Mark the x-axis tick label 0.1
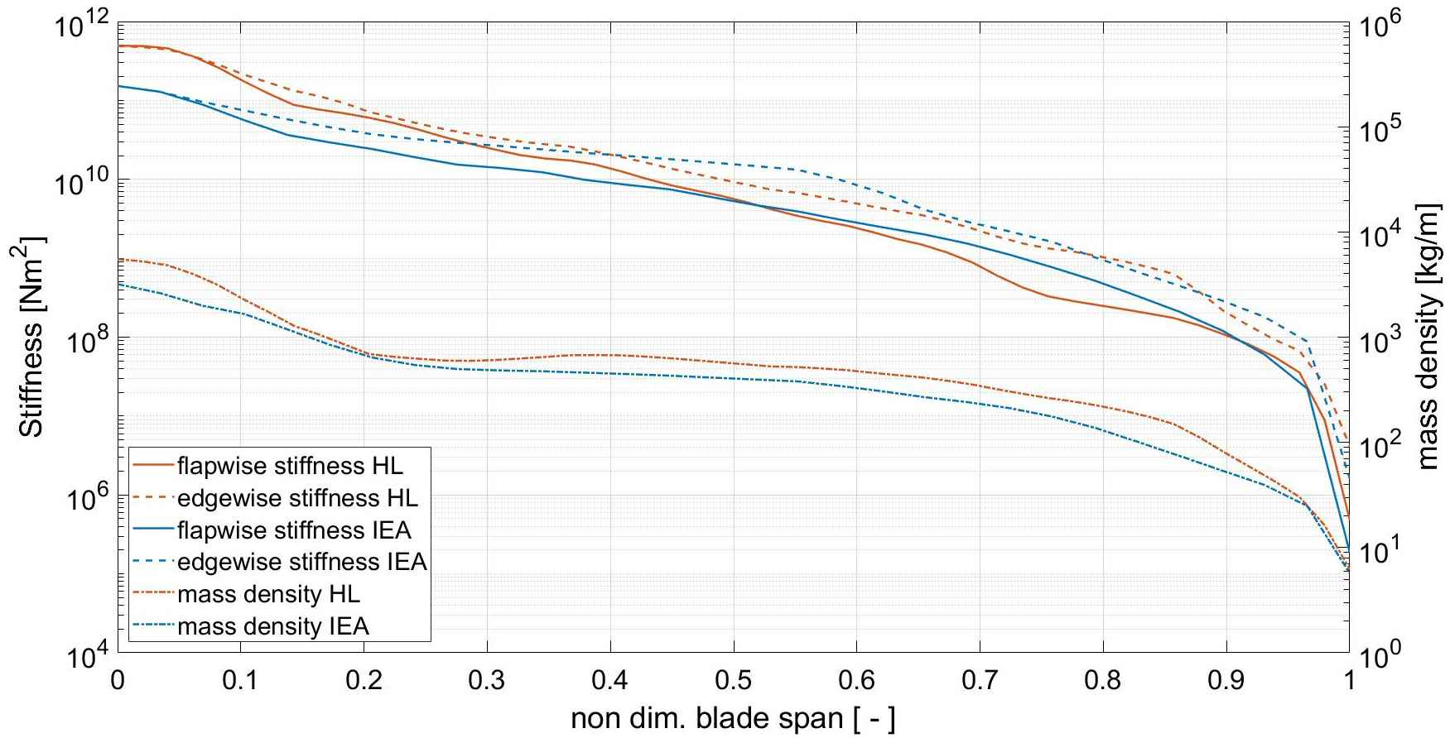(x=241, y=682)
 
